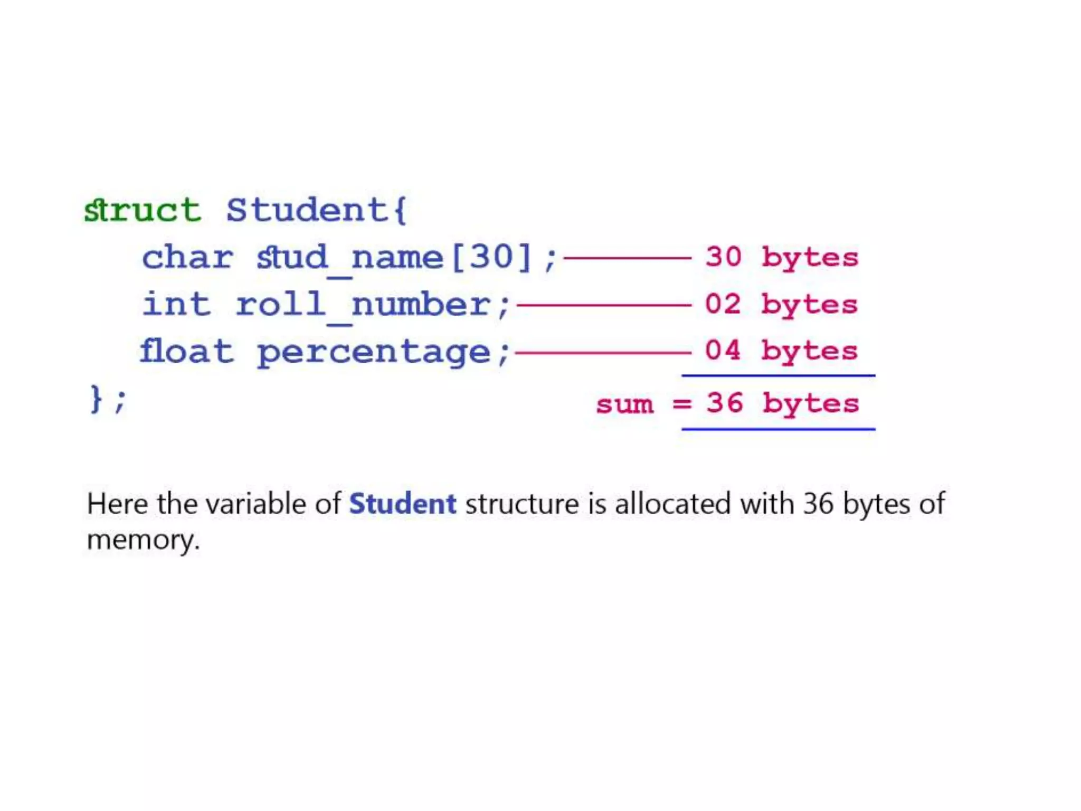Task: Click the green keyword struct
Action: pos(143,210)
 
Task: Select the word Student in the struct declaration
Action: pos(308,210)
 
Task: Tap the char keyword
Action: pos(187,258)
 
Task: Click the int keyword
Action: pos(176,305)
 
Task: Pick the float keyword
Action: pos(186,351)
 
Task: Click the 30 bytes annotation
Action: pos(782,258)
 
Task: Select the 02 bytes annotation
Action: pos(782,305)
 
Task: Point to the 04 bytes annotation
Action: pos(782,351)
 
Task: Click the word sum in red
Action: pos(625,404)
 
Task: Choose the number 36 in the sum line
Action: pos(725,403)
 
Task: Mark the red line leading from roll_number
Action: pos(604,305)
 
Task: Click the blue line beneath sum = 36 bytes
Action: pos(778,429)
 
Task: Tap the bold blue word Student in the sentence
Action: pos(403,504)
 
